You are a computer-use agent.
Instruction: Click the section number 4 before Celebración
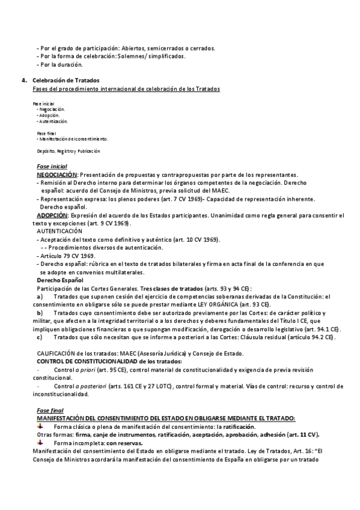coord(23,80)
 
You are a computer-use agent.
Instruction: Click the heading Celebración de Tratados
coord(66,80)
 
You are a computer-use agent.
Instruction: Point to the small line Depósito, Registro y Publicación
coord(67,151)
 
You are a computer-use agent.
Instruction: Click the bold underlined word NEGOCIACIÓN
coord(57,173)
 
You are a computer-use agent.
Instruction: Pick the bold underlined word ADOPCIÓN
coord(52,215)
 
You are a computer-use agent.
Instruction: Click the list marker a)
coord(40,296)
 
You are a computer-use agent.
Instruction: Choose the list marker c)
coord(40,337)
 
